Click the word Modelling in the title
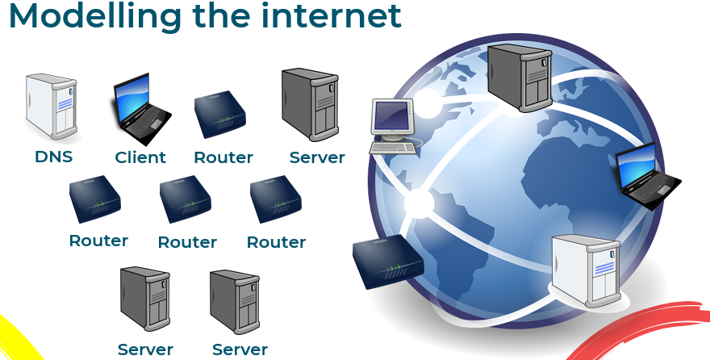tap(94, 17)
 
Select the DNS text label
tap(53, 157)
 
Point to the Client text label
tap(140, 157)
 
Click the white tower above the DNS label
tap(52, 106)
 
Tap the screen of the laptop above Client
tap(132, 92)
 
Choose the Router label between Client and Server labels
tap(223, 157)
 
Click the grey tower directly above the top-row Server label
tap(310, 105)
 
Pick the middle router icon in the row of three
tap(186, 199)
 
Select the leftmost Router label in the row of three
tap(98, 241)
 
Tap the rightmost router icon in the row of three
tap(276, 199)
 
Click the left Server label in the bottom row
tap(145, 350)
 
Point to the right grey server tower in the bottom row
tap(235, 302)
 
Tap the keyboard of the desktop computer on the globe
tap(393, 148)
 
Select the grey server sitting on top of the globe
tap(520, 77)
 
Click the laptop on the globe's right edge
tap(648, 176)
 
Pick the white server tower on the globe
tap(586, 270)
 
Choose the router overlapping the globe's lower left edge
tap(388, 262)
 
